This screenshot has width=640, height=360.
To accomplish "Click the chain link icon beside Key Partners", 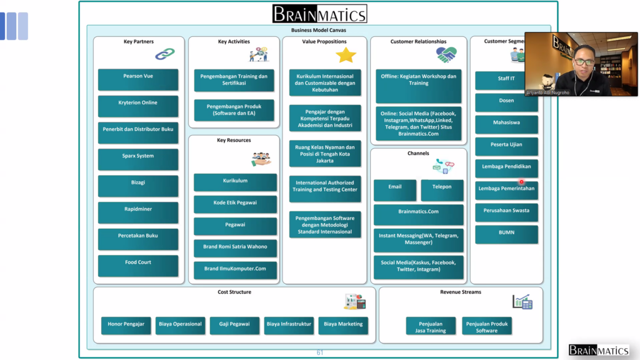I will point(164,55).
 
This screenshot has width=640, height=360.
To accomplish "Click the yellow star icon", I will point(346,56).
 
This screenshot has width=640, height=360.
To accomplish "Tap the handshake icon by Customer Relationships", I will point(446,56).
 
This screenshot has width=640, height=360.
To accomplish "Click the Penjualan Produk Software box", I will point(487,326).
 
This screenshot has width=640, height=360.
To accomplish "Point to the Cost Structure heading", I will point(234,292).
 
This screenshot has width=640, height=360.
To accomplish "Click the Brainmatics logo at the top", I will point(319,14).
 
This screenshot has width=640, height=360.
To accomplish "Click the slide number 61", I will point(320,353).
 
